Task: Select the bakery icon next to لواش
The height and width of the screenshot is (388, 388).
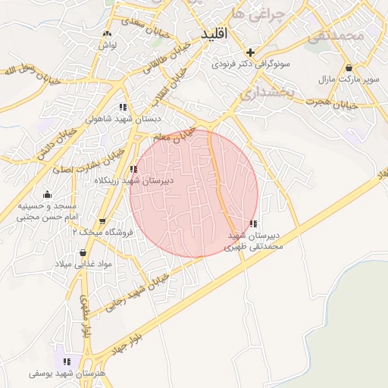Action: click(x=107, y=33)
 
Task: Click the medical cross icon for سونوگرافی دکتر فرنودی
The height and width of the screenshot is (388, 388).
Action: click(x=251, y=52)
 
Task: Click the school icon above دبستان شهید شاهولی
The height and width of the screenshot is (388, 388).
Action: click(x=124, y=107)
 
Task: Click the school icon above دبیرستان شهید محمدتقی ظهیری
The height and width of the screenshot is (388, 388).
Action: click(x=252, y=224)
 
